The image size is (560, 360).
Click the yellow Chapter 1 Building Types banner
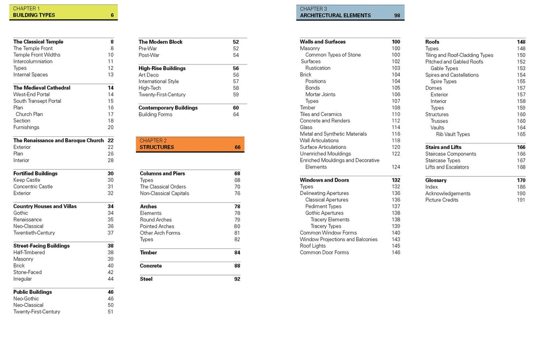coord(63,12)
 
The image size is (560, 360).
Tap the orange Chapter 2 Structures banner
coord(190,144)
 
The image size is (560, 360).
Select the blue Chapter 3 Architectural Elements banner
coord(351,12)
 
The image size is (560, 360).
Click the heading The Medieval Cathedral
coord(42,88)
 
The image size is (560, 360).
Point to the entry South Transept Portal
coord(37,101)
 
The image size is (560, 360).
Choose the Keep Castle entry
coord(27,180)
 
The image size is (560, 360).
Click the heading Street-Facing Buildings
coord(42,246)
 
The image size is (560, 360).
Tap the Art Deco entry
coord(149,75)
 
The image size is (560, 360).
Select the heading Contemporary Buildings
coord(168,108)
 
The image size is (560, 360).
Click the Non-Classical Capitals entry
coord(165,193)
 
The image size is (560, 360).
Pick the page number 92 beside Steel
coord(237,279)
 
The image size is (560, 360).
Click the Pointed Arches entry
coord(157,226)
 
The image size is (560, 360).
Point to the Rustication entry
coord(318,68)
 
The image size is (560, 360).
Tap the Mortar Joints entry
coord(320,94)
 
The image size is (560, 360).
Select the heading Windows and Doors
coord(324,180)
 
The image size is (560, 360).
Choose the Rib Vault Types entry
coord(453,134)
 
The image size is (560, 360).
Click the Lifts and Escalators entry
coord(447,167)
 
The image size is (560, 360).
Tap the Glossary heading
coord(436,180)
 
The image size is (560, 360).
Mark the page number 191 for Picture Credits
coord(521,200)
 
